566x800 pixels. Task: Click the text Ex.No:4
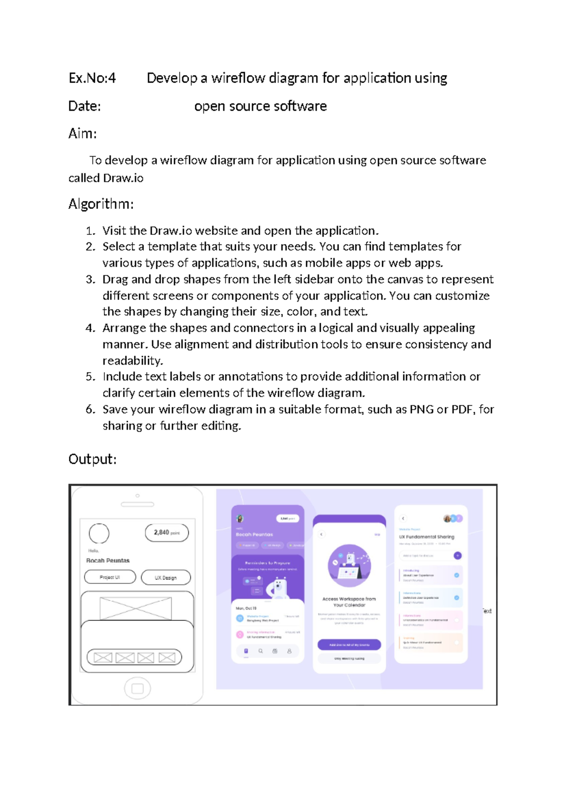(x=92, y=78)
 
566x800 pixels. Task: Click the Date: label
(x=84, y=106)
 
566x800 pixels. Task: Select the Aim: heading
(x=83, y=133)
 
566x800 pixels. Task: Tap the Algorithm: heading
(x=101, y=204)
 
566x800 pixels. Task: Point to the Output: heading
(x=92, y=459)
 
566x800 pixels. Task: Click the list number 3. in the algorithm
(x=91, y=279)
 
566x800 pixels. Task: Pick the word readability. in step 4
(x=133, y=361)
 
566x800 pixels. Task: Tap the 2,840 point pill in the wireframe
(x=166, y=533)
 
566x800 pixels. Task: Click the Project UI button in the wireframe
(x=110, y=577)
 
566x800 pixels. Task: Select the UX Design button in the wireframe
(x=166, y=577)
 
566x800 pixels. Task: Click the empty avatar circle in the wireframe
(x=99, y=533)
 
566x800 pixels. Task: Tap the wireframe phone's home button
(x=137, y=688)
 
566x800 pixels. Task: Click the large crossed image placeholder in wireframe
(x=136, y=608)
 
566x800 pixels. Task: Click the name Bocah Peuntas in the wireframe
(x=108, y=560)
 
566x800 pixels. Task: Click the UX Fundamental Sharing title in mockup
(x=426, y=537)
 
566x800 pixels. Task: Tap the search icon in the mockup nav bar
(x=260, y=651)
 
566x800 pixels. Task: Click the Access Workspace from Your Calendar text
(x=349, y=602)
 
